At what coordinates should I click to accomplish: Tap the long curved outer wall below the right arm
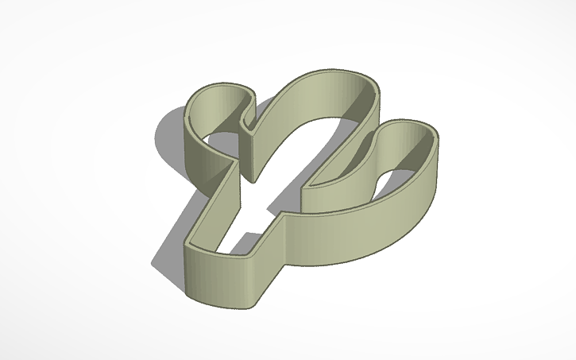[358, 238]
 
